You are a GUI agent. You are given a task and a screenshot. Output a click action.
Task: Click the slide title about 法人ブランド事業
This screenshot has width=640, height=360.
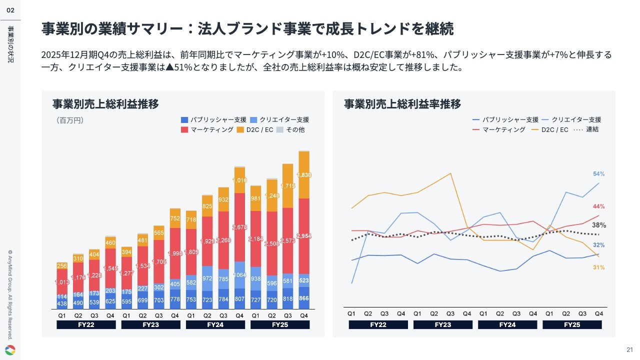click(247, 29)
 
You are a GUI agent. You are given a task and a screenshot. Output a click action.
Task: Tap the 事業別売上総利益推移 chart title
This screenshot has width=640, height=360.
click(105, 104)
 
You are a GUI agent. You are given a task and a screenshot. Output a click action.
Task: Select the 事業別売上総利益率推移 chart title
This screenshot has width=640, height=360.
click(402, 104)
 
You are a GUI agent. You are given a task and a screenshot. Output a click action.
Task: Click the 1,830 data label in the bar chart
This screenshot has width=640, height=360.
click(304, 175)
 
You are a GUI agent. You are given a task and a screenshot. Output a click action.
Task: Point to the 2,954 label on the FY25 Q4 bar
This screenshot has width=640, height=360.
click(304, 236)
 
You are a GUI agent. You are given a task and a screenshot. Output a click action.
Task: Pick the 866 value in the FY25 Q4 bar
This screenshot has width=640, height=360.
click(304, 298)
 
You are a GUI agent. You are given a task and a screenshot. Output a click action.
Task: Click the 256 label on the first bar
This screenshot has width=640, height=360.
click(62, 266)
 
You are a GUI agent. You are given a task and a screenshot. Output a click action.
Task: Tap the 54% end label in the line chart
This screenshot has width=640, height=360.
click(599, 174)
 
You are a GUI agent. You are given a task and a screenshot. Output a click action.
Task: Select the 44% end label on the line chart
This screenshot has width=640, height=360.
click(599, 206)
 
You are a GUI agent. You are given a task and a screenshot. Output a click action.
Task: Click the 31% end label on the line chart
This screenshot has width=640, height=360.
click(599, 267)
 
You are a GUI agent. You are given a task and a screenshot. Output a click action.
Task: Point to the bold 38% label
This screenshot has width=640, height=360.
click(599, 225)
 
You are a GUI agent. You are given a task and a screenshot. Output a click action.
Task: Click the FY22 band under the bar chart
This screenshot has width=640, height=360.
click(86, 324)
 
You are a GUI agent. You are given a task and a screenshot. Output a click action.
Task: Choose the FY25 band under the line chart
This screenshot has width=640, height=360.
click(572, 324)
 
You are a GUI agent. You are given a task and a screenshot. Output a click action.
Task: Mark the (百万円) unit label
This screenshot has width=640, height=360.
click(70, 120)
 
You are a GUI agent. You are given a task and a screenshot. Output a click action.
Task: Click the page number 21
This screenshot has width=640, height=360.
click(629, 349)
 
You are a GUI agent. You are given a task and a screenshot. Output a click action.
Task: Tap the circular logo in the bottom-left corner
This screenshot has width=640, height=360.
click(10, 350)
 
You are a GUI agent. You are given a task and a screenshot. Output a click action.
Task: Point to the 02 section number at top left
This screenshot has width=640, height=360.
click(10, 10)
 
